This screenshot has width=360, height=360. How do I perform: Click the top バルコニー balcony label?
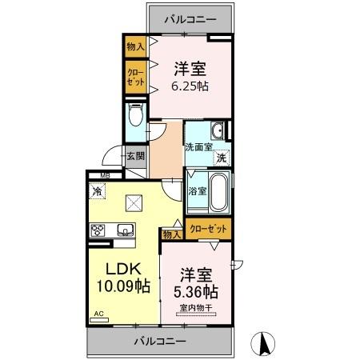pos(190,18)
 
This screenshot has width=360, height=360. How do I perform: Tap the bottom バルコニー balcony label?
pos(158,341)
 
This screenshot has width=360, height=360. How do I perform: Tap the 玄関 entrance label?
pos(134,157)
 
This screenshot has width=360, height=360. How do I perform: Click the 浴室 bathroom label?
pos(197,191)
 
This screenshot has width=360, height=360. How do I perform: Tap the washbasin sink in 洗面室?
pos(217,131)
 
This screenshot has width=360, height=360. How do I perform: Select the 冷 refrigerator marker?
pos(97,191)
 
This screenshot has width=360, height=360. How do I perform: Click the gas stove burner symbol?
pos(98,230)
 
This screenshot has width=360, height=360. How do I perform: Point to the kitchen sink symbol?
pos(126,230)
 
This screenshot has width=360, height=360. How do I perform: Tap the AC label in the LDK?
pos(99,314)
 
